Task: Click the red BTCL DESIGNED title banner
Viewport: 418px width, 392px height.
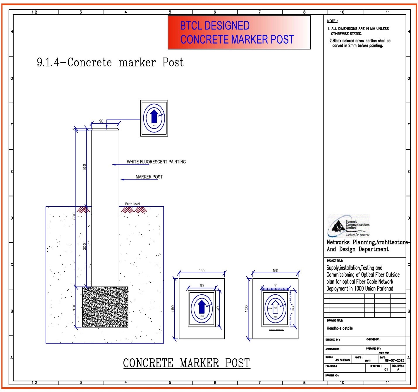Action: pyautogui.click(x=239, y=32)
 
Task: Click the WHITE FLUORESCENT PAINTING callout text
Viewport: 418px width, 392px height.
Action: pyautogui.click(x=156, y=162)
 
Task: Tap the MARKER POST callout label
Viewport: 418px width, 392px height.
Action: pyautogui.click(x=149, y=177)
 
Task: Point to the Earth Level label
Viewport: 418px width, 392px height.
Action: pyautogui.click(x=132, y=204)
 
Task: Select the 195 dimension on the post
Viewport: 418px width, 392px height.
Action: pyautogui.click(x=85, y=167)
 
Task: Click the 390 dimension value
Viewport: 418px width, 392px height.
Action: pyautogui.click(x=74, y=216)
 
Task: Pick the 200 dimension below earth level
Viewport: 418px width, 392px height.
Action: pyautogui.click(x=85, y=246)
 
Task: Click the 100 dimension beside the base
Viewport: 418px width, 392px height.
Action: pyautogui.click(x=74, y=307)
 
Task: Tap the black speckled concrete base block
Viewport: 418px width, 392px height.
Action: pyautogui.click(x=105, y=307)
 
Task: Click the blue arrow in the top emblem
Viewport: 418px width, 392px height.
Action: pyautogui.click(x=154, y=116)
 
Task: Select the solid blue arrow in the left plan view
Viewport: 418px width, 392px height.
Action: pyautogui.click(x=202, y=307)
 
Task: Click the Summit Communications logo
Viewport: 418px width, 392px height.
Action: pyautogui.click(x=348, y=226)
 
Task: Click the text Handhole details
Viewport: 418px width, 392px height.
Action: pyautogui.click(x=340, y=328)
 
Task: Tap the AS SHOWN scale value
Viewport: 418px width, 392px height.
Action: pyautogui.click(x=342, y=360)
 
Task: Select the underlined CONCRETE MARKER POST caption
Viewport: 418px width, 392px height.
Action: pyautogui.click(x=186, y=363)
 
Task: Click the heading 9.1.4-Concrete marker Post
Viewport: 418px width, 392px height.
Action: pyautogui.click(x=110, y=62)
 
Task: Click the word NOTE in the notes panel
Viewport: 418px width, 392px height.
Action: pyautogui.click(x=332, y=21)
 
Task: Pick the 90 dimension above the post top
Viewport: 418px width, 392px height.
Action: pyautogui.click(x=101, y=121)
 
